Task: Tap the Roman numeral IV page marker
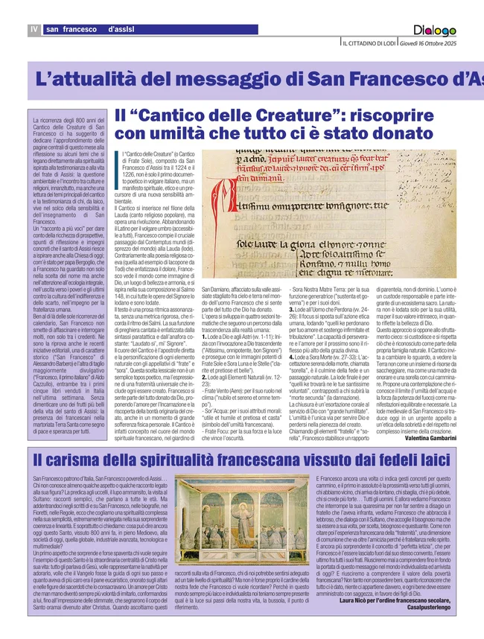[x=34, y=29]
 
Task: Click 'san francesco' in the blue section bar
[x=72, y=29]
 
